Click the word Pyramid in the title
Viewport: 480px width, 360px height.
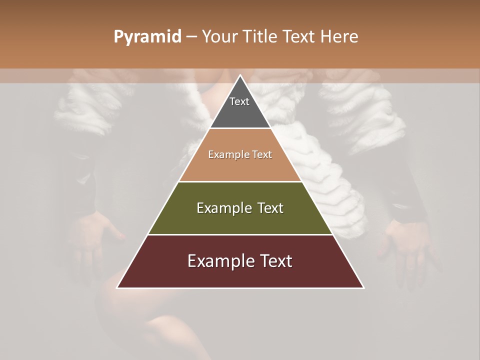[147, 37]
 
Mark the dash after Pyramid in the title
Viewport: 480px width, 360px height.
[191, 37]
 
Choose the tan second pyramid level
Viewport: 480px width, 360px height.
[240, 167]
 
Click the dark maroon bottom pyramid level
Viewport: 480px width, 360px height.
[240, 275]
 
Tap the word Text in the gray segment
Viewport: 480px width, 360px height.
[239, 101]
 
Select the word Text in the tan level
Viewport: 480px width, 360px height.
[262, 154]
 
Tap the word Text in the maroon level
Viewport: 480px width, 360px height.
[275, 261]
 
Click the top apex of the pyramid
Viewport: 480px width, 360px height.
[240, 76]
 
